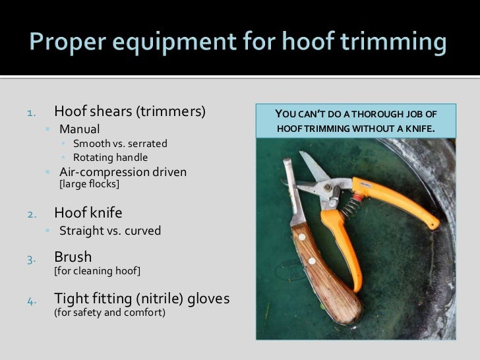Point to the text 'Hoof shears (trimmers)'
[130, 111]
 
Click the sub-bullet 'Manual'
[80, 129]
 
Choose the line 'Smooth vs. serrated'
[120, 143]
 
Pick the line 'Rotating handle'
[110, 158]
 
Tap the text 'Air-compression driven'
[123, 172]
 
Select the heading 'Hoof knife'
[88, 213]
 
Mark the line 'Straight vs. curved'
[110, 231]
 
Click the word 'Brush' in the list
[73, 256]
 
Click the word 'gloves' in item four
[208, 299]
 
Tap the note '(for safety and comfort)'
[109, 313]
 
